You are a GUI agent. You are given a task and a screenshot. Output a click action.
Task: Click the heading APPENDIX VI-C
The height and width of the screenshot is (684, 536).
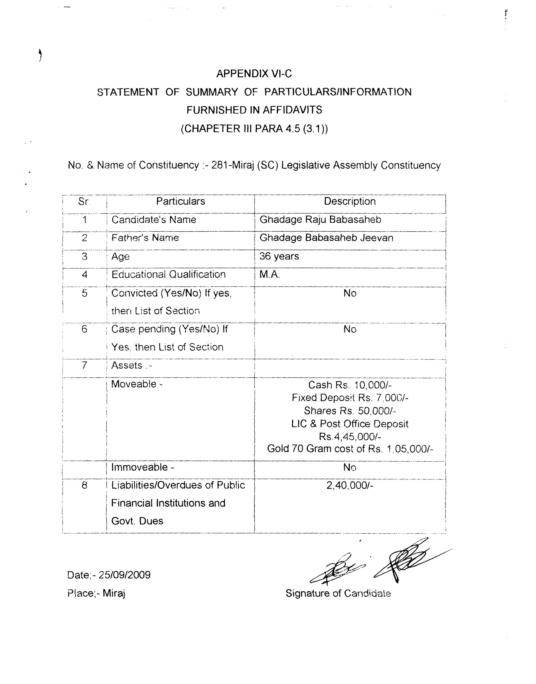254,74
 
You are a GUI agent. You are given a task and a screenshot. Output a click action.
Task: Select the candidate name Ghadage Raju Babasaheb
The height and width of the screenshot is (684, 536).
320,220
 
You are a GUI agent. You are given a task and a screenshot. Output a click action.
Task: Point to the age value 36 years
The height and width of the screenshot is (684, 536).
279,256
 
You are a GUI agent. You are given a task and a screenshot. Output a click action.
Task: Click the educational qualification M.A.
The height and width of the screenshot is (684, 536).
269,274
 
